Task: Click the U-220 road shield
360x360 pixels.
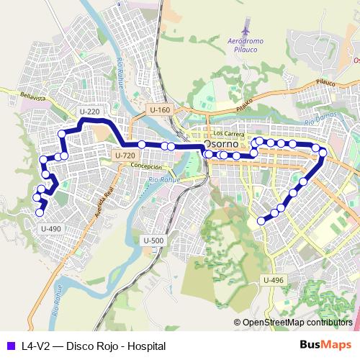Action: (x=89, y=112)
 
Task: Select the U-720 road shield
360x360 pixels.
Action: (x=125, y=155)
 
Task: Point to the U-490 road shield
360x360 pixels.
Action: (x=51, y=228)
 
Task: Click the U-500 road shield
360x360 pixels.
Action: (x=154, y=240)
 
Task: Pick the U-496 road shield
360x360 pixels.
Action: (x=274, y=280)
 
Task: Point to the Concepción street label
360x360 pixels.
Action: (x=146, y=166)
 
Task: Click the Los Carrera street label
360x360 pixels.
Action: (x=229, y=133)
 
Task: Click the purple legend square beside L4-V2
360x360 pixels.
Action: (x=9, y=346)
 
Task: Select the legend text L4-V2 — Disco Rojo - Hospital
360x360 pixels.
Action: (x=89, y=346)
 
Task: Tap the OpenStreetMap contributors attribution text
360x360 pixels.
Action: (x=297, y=322)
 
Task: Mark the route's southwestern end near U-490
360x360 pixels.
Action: (x=42, y=212)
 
